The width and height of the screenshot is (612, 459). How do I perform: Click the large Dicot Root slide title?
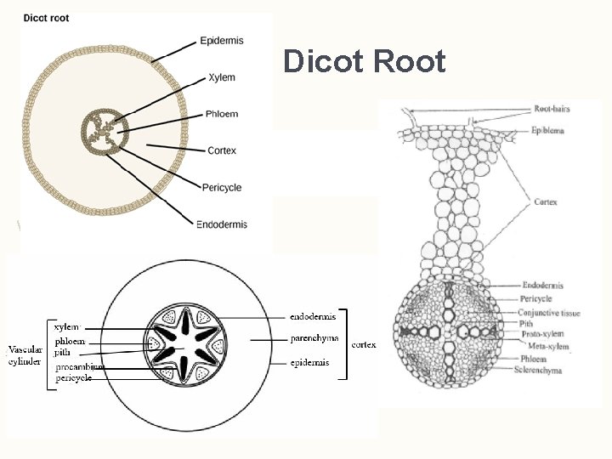[364, 61]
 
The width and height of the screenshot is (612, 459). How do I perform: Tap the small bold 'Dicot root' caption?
[48, 17]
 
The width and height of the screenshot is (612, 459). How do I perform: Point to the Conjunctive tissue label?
[549, 313]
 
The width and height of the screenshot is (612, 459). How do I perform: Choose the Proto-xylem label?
[542, 335]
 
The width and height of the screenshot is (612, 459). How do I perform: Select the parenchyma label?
[314, 338]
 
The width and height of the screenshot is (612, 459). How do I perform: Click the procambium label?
[80, 366]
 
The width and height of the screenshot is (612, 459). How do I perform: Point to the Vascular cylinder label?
[24, 355]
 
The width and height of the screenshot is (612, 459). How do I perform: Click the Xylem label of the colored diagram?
[222, 77]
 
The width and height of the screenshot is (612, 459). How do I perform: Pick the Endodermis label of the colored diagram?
[222, 224]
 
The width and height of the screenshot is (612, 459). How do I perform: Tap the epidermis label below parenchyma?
[313, 362]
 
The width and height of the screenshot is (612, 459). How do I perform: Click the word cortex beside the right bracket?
[364, 344]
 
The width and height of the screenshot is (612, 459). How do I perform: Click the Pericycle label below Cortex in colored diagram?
[222, 187]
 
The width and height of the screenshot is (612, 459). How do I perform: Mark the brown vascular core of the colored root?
[105, 132]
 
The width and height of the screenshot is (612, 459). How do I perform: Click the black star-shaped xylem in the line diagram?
[184, 345]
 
